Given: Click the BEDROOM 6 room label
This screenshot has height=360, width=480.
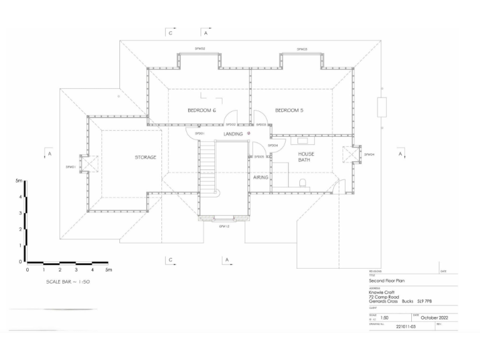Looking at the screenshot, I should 201,111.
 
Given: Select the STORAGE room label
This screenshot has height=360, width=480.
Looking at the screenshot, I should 146,157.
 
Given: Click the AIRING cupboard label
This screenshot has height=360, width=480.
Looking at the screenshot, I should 261,178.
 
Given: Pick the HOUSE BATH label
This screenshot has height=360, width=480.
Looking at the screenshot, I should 306,157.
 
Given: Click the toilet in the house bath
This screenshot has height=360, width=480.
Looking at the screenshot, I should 302,184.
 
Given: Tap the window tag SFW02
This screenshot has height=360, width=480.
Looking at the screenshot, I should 199,48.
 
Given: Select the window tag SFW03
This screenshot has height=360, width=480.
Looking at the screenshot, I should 302,48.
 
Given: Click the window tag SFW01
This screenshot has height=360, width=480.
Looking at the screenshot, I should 71,167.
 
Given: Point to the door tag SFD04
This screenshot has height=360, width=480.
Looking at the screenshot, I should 272,146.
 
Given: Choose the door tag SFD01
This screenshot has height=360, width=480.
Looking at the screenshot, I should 199,134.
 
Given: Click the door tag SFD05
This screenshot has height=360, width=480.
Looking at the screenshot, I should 259,157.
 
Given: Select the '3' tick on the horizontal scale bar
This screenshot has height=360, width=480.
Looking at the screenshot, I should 76,270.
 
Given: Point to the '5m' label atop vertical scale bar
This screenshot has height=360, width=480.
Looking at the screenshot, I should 19,180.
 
